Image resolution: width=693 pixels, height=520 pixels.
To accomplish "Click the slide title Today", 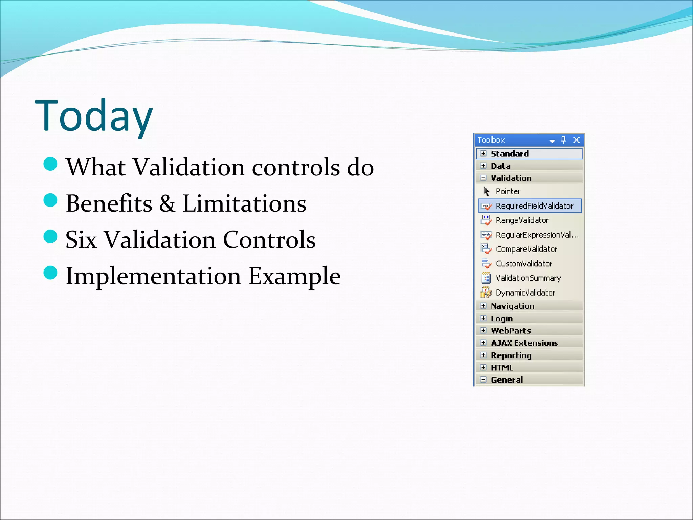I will tap(94, 116).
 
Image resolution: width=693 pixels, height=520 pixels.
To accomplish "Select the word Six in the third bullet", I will tap(81, 240).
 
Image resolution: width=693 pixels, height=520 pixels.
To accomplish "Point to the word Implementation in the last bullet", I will tap(153, 276).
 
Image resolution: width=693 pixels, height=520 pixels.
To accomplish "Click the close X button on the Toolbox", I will tap(577, 140).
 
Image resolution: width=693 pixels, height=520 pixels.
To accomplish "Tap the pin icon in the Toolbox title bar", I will tap(563, 139).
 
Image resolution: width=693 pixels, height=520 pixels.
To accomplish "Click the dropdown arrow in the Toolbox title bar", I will tap(552, 141).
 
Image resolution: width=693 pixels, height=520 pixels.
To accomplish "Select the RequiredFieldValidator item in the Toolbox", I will tap(534, 206).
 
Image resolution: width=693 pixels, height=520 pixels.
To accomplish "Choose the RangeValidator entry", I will tap(522, 220).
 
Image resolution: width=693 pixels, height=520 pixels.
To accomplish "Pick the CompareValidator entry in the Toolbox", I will tap(526, 249).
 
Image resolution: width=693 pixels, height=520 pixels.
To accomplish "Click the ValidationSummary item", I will tap(528, 278).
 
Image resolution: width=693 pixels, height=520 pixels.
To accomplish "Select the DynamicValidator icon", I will tap(486, 292).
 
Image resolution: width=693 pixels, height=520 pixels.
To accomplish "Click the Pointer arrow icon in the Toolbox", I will tap(486, 191).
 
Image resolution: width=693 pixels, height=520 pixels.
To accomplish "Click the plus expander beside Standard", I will tap(483, 153).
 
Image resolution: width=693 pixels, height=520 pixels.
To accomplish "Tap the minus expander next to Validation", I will tap(483, 178).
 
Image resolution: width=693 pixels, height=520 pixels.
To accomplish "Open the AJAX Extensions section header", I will tap(524, 343).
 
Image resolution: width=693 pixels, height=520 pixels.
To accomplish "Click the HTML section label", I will tap(502, 367).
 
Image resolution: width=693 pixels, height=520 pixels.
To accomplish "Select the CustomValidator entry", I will tap(524, 264).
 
